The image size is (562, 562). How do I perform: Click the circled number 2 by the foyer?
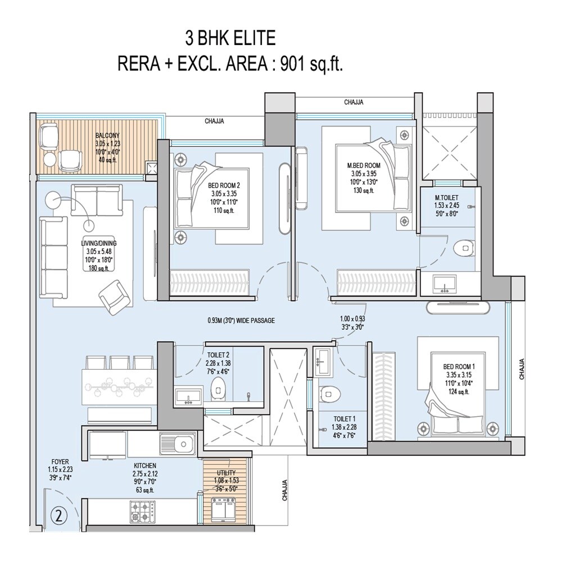(57, 514)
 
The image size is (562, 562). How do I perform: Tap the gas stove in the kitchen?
(143, 510)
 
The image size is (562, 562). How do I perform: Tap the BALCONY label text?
(106, 135)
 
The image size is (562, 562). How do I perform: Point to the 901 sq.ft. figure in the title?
(309, 64)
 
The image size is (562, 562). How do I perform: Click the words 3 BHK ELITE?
(230, 39)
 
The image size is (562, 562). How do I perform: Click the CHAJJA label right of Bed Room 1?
(522, 369)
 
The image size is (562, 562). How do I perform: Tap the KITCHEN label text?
(145, 466)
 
